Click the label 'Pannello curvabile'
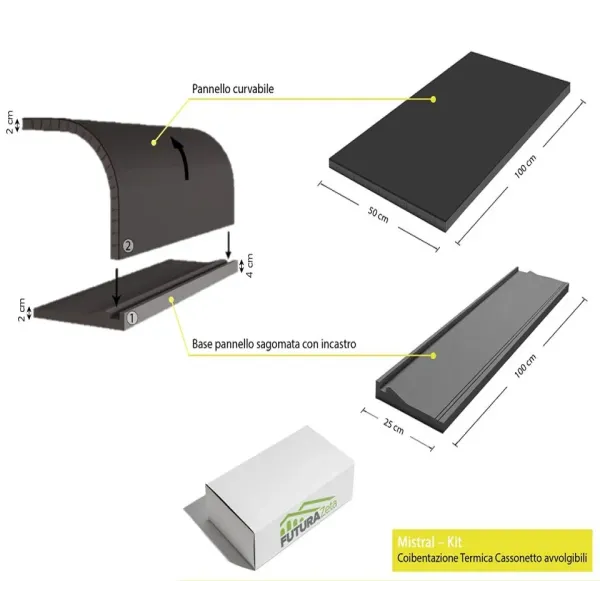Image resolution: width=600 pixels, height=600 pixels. pos(233,88)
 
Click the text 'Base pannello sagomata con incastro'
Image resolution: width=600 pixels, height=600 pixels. pos(275,343)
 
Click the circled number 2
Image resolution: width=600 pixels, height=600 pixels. pos(127,244)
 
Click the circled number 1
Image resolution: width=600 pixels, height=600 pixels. pos(131,319)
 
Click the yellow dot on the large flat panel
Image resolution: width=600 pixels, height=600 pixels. pos(433,98)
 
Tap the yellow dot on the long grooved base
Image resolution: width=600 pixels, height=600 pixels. pos(433,352)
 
